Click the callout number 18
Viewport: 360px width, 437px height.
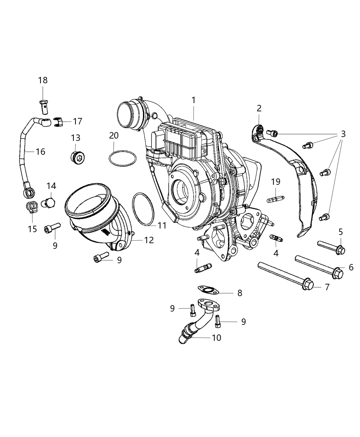click(43, 80)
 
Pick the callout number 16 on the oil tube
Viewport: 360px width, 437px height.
click(40, 151)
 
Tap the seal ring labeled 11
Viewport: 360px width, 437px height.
click(144, 209)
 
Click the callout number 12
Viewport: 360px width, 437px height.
click(149, 240)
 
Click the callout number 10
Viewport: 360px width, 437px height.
click(216, 338)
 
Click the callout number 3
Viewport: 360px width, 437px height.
click(343, 134)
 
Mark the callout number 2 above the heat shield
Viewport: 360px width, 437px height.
click(259, 108)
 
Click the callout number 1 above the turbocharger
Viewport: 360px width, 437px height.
click(193, 100)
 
